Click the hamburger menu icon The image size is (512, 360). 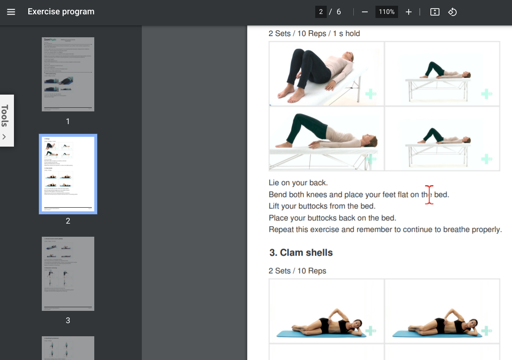point(11,12)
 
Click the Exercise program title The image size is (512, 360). point(61,12)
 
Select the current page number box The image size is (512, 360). point(321,12)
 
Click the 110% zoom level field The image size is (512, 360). point(387,12)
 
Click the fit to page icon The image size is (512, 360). point(435,12)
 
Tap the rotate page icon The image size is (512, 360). point(452,12)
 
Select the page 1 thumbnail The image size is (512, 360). point(68,74)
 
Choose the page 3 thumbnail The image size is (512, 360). point(68,274)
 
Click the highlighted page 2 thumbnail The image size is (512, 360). point(68,174)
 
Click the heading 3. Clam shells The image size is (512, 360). point(301,253)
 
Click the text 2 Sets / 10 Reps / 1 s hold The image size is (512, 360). point(314,34)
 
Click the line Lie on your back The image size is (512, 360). point(298,183)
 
